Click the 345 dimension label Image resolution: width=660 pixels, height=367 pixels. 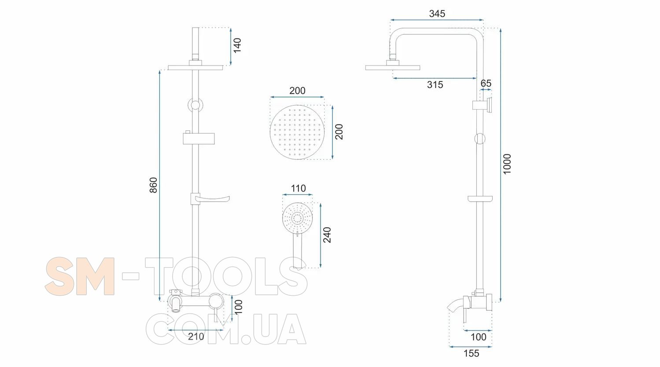(437, 14)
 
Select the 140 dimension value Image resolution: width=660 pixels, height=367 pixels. (237, 45)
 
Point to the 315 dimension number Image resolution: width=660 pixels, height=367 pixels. (435, 85)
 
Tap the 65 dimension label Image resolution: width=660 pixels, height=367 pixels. (486, 83)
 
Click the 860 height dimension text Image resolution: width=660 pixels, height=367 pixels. (154, 185)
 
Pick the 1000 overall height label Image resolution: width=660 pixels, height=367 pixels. (507, 164)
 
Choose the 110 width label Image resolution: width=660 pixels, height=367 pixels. (298, 188)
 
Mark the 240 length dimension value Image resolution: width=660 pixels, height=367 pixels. (327, 235)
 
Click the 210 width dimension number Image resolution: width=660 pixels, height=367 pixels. (196, 336)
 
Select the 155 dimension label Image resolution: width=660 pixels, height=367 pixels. (472, 353)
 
